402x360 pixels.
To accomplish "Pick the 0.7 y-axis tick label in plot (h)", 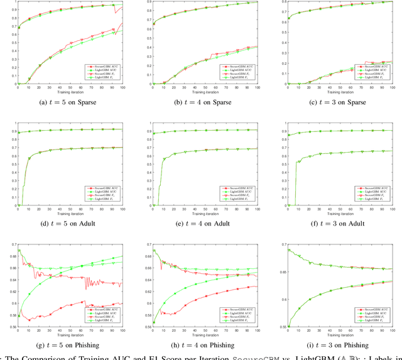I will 147,244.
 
